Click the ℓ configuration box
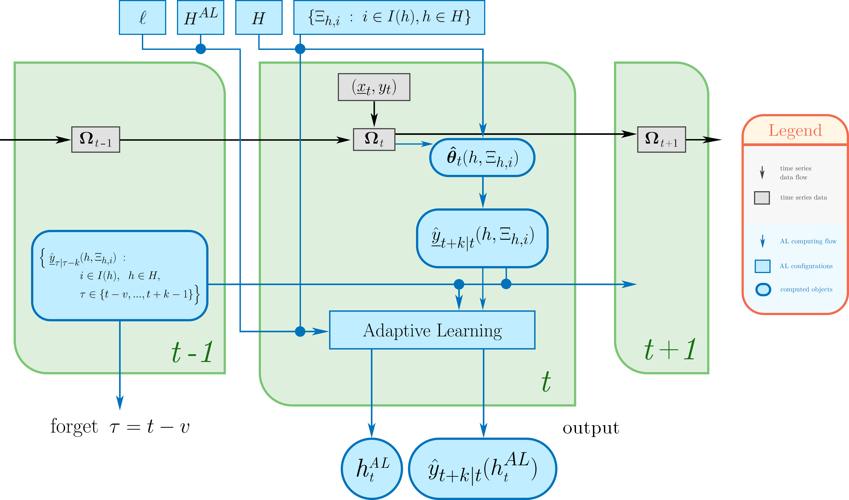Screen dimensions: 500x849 tap(143, 17)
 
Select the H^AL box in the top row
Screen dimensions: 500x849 tap(200, 17)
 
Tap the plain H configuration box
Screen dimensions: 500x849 tap(259, 17)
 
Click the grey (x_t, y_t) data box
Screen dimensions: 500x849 tap(374, 87)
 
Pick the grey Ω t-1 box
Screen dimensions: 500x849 tap(96, 140)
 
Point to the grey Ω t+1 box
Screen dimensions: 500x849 tap(661, 140)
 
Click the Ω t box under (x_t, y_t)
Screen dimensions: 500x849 tap(374, 140)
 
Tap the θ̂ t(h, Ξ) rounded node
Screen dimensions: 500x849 tap(482, 157)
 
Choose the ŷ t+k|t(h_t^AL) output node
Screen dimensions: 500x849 tap(482, 469)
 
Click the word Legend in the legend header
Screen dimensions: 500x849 tap(795, 131)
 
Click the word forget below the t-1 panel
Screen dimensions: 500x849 tap(74, 426)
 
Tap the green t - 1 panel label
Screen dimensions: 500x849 tap(192, 352)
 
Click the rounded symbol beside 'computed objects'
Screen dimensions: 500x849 tap(763, 290)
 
